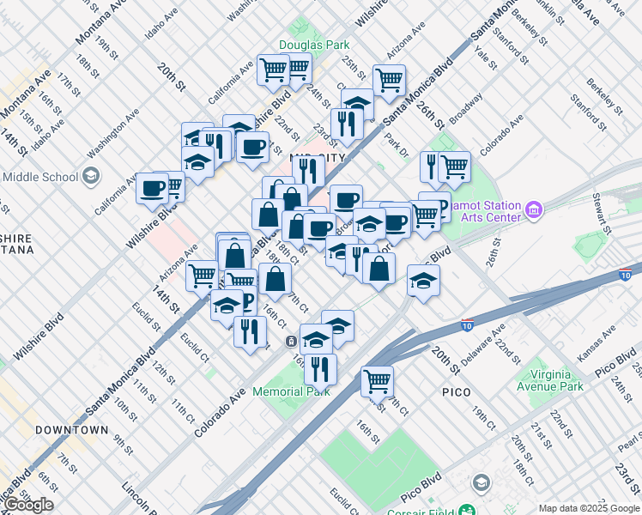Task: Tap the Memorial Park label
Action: click(x=291, y=391)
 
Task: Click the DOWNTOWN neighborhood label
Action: click(x=72, y=429)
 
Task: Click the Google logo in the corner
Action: click(x=29, y=505)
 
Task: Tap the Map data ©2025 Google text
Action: click(x=588, y=508)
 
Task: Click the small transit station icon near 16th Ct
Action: click(x=293, y=341)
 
